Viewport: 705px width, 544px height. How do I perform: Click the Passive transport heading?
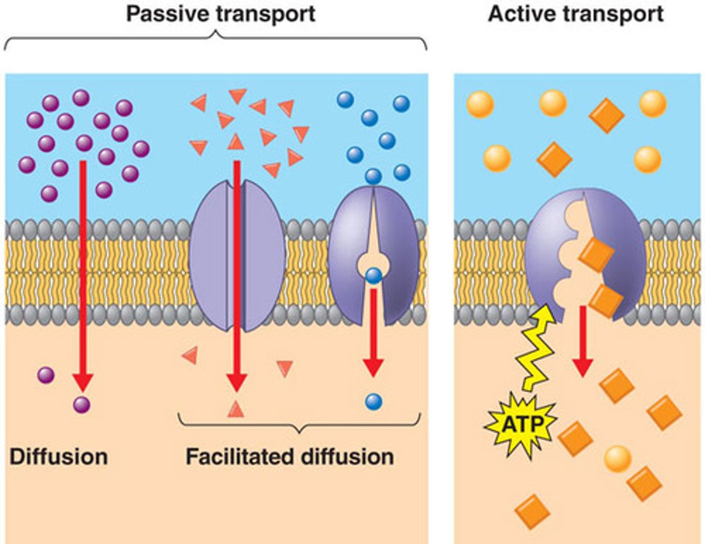pos(221,14)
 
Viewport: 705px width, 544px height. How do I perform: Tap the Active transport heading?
pos(576,14)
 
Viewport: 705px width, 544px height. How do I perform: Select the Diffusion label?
pos(59,456)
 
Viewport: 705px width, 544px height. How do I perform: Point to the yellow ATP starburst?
pos(522,424)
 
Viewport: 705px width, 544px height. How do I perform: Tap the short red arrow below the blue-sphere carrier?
pos(373,333)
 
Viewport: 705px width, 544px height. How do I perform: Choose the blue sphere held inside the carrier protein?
pos(374,276)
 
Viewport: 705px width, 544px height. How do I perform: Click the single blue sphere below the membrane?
pos(374,402)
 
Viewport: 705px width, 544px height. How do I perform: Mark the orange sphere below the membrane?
pos(617,458)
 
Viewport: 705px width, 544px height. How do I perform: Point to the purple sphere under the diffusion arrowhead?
pos(82,405)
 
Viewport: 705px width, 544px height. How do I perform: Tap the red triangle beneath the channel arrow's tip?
pos(236,409)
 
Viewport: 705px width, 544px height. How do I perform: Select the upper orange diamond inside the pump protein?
pos(596,255)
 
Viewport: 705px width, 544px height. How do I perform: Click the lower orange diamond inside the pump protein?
pos(606,300)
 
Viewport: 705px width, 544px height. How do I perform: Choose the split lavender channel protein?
pos(237,255)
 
